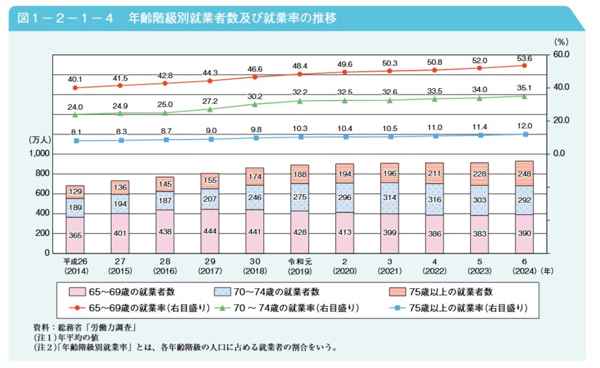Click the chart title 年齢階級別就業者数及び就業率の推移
(231, 17)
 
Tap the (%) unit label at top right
(560, 41)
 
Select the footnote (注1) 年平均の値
(68, 337)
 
